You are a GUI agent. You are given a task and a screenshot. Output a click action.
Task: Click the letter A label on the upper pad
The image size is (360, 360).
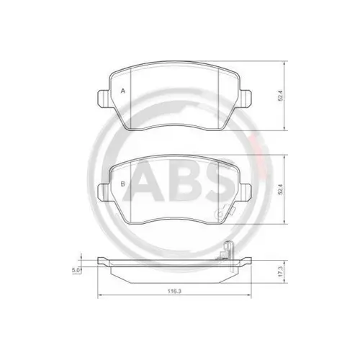pos(123,91)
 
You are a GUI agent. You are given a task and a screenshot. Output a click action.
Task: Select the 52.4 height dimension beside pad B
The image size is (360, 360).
pos(280,189)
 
